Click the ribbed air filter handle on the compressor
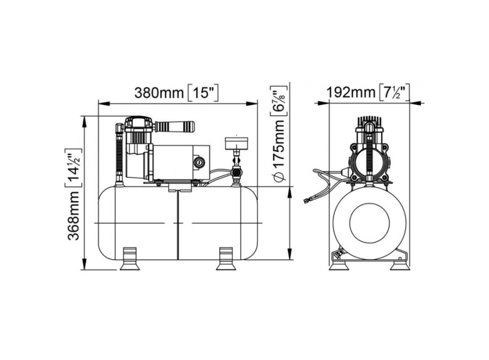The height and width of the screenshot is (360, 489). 175,126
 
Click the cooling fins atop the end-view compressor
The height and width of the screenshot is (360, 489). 369,122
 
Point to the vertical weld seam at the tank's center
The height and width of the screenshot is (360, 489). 178,224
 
